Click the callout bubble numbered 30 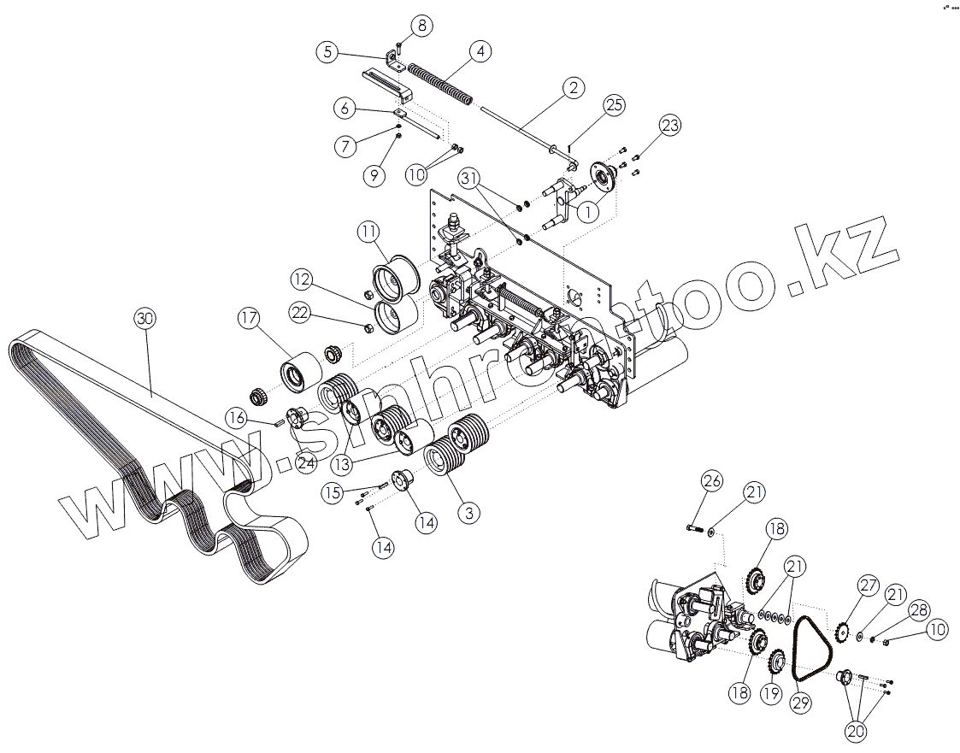coord(145,318)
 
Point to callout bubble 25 coord(613,105)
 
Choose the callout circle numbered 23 coord(669,126)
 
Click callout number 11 coord(368,231)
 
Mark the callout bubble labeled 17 coord(249,319)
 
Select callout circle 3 coord(468,513)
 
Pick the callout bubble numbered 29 coord(800,703)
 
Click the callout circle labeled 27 coord(869,586)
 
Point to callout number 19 coord(772,693)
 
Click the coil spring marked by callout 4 coord(439,83)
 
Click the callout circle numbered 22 coord(299,313)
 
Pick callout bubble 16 coord(238,417)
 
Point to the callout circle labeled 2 coord(573,87)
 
